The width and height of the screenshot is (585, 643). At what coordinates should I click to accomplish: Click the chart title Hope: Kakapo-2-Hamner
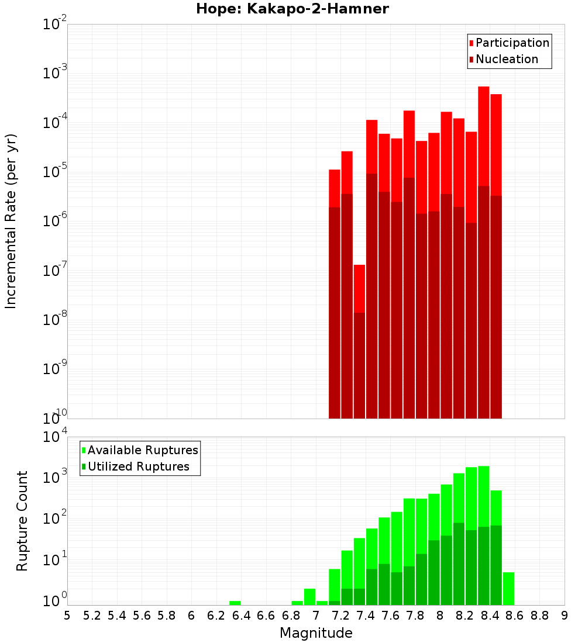(x=292, y=9)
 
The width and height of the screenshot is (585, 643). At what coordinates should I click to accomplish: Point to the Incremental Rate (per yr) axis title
(x=11, y=221)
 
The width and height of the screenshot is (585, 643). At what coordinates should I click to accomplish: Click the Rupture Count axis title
(x=22, y=520)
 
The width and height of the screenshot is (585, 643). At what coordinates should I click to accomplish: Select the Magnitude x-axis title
(x=316, y=633)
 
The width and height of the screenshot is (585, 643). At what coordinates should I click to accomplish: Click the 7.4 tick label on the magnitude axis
(x=366, y=616)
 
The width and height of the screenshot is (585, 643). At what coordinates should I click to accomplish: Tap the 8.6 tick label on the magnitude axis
(x=515, y=616)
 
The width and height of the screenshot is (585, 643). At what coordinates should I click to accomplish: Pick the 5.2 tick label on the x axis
(x=92, y=616)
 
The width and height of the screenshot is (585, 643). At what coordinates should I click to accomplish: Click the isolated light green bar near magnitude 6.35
(x=235, y=603)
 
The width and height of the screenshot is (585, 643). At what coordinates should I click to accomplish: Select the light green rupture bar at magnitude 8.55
(x=508, y=589)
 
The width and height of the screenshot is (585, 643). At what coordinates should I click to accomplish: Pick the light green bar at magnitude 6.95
(x=309, y=597)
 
